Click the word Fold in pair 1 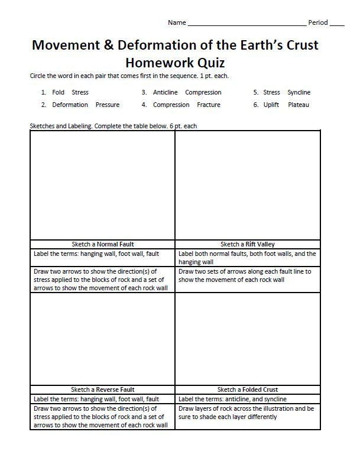tap(59, 93)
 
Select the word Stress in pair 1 tap(80, 93)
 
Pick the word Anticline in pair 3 tap(166, 93)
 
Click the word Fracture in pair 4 tap(208, 105)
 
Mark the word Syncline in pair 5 tap(299, 93)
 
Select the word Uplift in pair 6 tap(271, 105)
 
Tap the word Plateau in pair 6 tap(298, 105)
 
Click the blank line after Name tap(246, 24)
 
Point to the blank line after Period tap(336, 24)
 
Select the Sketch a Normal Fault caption tap(102, 244)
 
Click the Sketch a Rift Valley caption tap(248, 244)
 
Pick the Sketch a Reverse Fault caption tap(102, 389)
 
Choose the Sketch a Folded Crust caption tap(248, 389)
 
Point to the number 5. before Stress tap(256, 93)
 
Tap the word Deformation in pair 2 tap(70, 105)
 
